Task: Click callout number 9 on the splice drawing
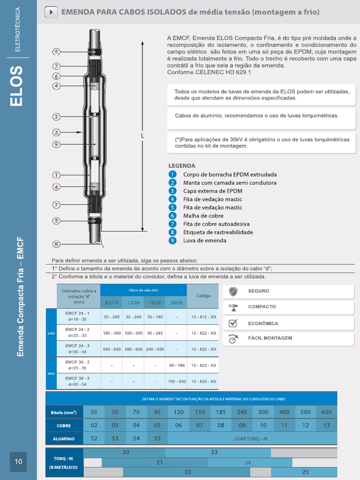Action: (56, 144)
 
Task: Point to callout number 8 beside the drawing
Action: (56, 244)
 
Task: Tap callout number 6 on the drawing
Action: (56, 76)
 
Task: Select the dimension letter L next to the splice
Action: (142, 135)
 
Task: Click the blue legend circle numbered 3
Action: (172, 191)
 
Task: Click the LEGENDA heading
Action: (181, 166)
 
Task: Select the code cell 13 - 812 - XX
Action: (203, 317)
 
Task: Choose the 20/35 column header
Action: (177, 303)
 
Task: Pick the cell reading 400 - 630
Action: (112, 349)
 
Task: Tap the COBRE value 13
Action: (326, 425)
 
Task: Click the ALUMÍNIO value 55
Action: (157, 438)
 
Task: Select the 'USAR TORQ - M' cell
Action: (251, 438)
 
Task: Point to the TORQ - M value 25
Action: (305, 472)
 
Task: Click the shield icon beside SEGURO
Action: (233, 292)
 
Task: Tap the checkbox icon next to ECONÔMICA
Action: (233, 323)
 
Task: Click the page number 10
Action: (18, 462)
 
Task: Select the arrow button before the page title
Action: (51, 12)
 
